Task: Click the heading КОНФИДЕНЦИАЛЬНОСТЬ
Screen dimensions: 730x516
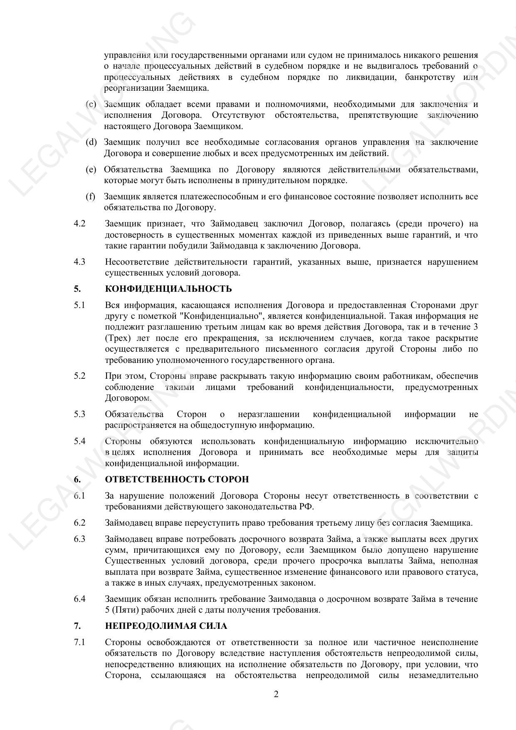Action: [x=168, y=289]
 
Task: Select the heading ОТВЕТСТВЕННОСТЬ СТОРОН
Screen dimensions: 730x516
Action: [x=177, y=479]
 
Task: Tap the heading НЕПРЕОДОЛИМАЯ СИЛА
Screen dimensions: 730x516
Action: [x=166, y=626]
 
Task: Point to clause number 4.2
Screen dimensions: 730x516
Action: [x=79, y=224]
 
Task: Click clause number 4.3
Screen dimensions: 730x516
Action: [x=79, y=262]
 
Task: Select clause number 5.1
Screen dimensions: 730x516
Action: [x=79, y=305]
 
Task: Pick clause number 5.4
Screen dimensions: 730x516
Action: [x=79, y=441]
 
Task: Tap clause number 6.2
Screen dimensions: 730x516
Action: [x=79, y=523]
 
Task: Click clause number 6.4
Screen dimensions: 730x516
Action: [x=79, y=599]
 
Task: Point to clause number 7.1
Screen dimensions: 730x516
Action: [x=79, y=642]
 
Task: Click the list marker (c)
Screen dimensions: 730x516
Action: [x=91, y=104]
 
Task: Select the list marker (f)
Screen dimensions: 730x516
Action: [x=90, y=196]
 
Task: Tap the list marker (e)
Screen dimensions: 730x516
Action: [x=91, y=169]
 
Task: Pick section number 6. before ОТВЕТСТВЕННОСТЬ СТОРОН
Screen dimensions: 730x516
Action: [x=77, y=479]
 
